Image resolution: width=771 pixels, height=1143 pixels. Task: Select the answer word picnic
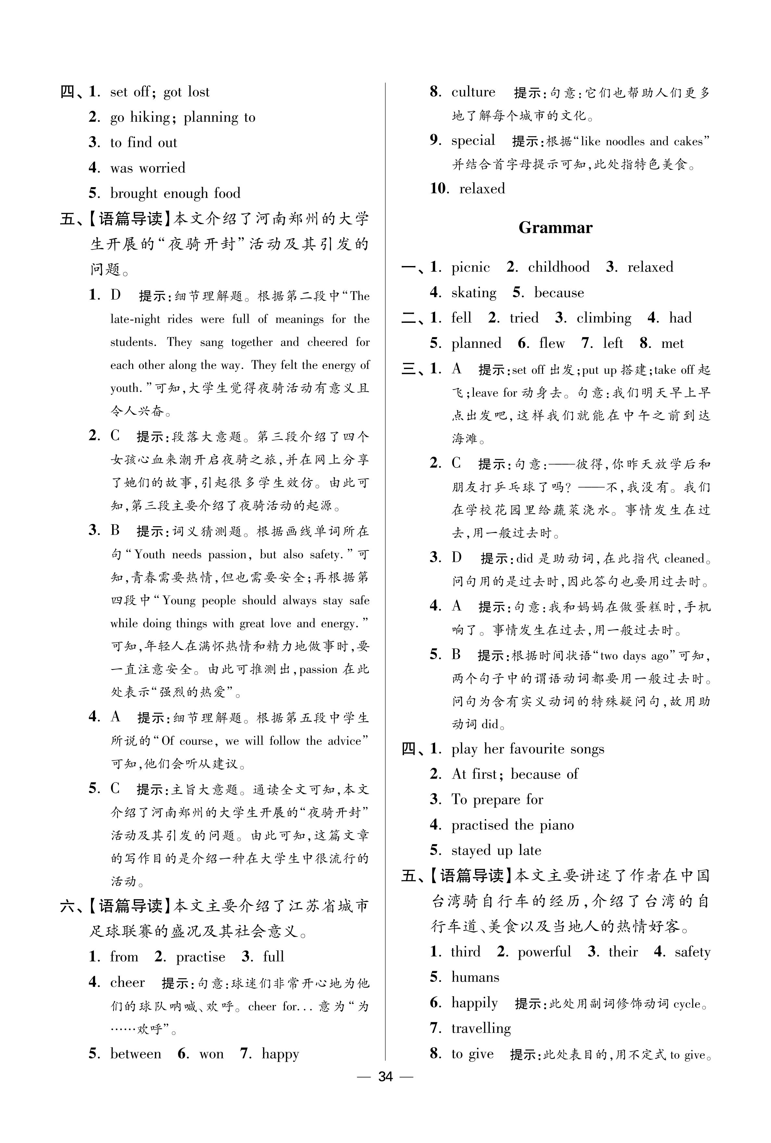tap(471, 267)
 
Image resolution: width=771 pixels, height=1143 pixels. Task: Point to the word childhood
tap(559, 267)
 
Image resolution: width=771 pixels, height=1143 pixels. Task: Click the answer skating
tap(474, 293)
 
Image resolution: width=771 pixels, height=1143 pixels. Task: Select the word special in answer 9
tap(473, 141)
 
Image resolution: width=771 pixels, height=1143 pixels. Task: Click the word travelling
tap(481, 1028)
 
